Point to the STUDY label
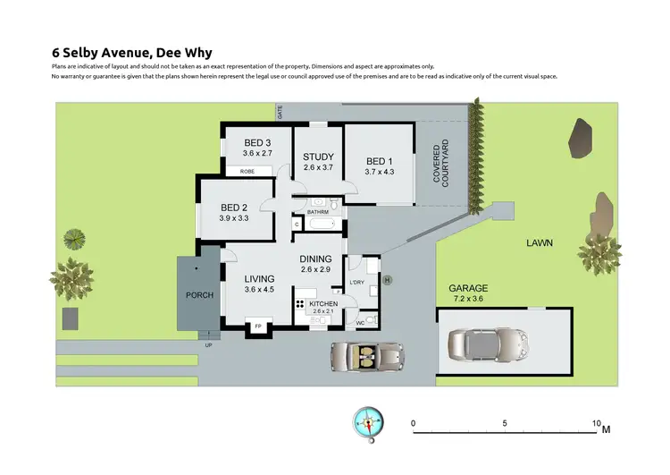coord(317,157)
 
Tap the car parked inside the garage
coord(489,343)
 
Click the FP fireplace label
coord(259,327)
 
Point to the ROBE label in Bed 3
coord(247,171)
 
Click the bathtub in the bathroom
coord(323,224)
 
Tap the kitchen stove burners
coord(299,307)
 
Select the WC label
coord(360,322)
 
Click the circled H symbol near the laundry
coord(388,280)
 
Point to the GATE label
coord(280,112)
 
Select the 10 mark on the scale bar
coord(596,422)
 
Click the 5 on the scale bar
coord(505,422)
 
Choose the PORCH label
coord(199,295)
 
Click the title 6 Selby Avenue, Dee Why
coord(132,53)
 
